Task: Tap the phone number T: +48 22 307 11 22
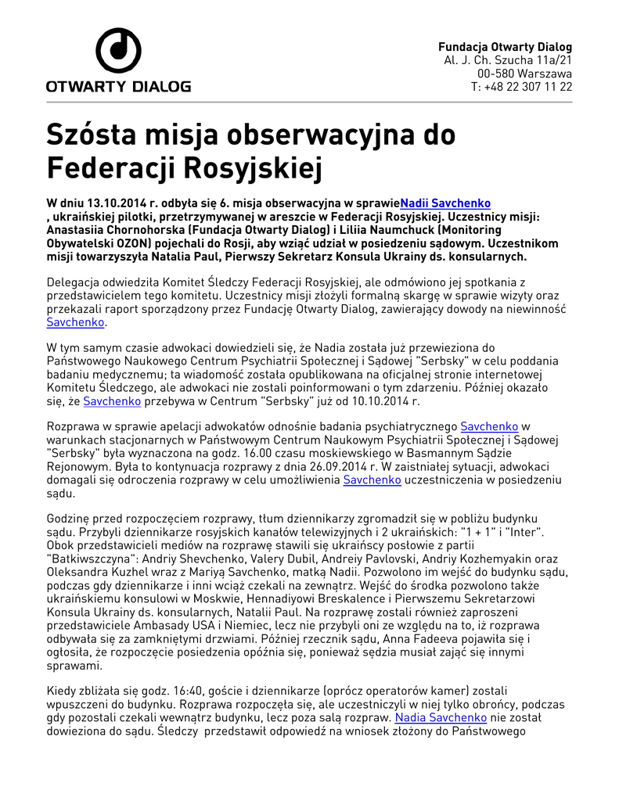pyautogui.click(x=521, y=87)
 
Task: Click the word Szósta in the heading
pyautogui.click(x=91, y=135)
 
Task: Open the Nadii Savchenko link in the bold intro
pyautogui.click(x=445, y=203)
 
